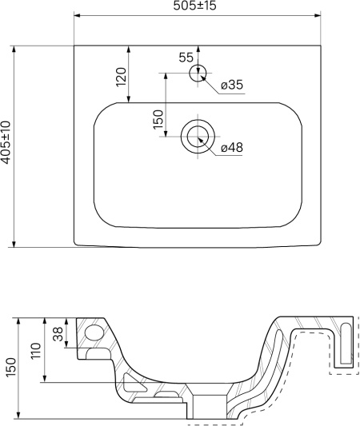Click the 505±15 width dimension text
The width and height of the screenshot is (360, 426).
coord(194,6)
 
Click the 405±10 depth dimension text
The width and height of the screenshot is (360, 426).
coord(6,142)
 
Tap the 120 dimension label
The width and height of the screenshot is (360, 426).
coord(122,77)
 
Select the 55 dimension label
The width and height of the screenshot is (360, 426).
coord(186,58)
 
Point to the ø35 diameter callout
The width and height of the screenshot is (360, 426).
coord(232,85)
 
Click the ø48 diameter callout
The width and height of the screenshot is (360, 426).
coord(232,148)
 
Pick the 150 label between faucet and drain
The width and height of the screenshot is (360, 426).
coord(158,120)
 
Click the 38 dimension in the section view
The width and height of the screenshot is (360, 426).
coord(58,333)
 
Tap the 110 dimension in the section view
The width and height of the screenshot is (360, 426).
coord(36,351)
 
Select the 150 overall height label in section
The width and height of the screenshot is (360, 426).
coord(11,367)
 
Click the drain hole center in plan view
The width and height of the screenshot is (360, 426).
coord(198,136)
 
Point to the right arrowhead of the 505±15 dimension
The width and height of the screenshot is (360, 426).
coord(318,15)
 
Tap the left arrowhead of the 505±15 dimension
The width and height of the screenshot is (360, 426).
coord(78,15)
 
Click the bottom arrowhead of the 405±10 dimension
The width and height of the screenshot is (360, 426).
coord(14,244)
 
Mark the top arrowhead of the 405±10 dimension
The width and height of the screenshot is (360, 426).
coord(14,50)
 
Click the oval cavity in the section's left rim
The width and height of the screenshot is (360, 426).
coord(94,332)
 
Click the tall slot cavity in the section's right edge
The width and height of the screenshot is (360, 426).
coord(346,343)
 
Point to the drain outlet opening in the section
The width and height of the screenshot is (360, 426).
coord(210,408)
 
